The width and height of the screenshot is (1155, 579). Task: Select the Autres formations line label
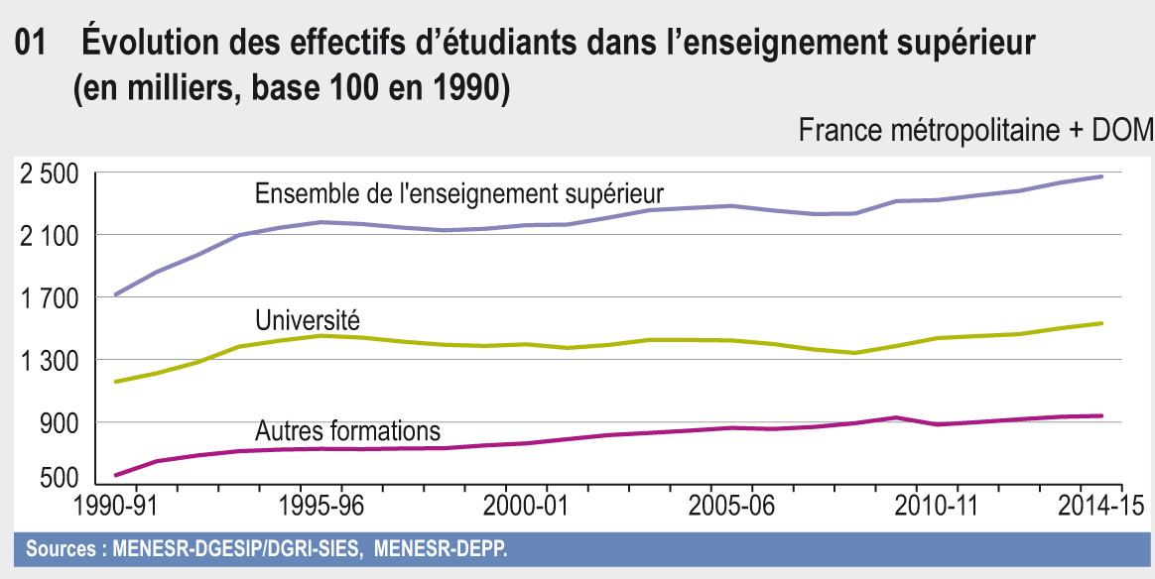pos(347,432)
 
